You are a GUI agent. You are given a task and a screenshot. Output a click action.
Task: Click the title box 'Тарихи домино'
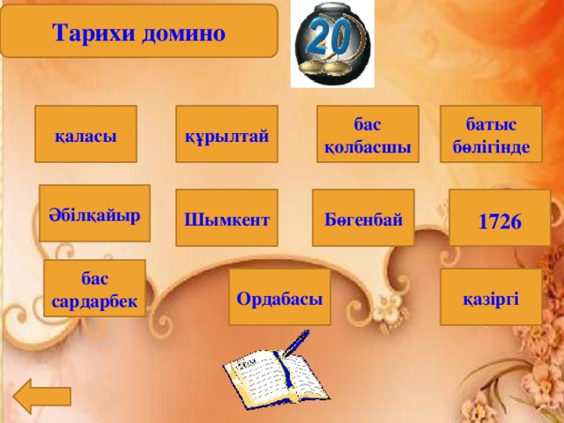pos(138,32)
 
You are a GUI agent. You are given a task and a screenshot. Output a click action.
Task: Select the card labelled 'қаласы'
pos(85,135)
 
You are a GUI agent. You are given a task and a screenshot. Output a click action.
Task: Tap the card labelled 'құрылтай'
pos(227,135)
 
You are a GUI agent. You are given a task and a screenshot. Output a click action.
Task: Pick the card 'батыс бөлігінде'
pos(491,135)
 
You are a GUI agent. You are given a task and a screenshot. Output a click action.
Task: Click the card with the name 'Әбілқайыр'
pos(95,214)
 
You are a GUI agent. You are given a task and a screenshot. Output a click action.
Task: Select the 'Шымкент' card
pos(226,219)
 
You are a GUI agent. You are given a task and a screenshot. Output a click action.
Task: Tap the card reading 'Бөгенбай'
pos(363,217)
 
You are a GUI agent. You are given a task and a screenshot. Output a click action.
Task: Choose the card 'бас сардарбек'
pos(94,290)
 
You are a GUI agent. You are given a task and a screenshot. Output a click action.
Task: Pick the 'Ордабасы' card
pos(279,298)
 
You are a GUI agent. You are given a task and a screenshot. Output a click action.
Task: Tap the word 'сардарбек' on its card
pos(94,301)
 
